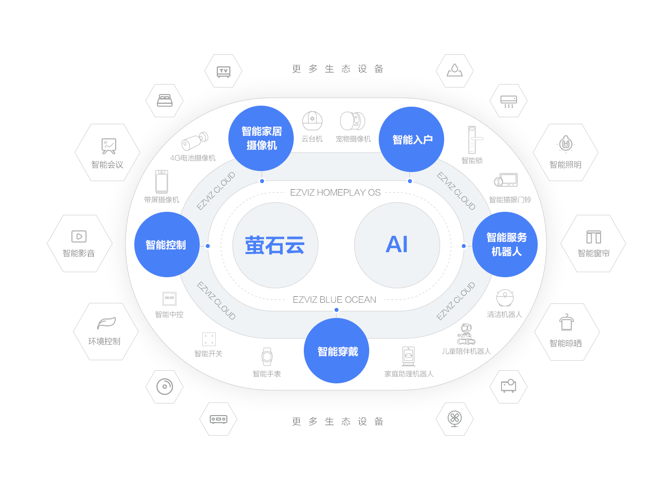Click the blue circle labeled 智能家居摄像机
261,138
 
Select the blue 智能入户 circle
411,139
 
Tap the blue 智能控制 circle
167,245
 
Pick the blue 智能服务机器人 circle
505,245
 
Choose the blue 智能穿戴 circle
337,351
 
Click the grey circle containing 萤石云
275,246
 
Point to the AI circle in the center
397,245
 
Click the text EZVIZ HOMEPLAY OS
335,193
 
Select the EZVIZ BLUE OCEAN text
334,300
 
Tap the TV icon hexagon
223,71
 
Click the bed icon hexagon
164,101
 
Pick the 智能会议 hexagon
108,152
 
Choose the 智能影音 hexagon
79,243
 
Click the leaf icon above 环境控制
106,323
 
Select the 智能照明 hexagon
565,152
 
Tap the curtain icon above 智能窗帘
594,237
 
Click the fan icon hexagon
455,419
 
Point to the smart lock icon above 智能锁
472,139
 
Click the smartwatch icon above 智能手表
267,357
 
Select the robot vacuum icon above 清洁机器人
505,298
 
